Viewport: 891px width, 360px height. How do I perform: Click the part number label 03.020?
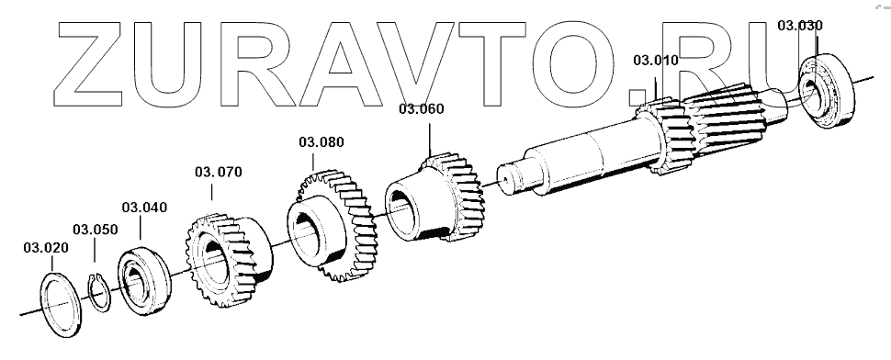click(46, 248)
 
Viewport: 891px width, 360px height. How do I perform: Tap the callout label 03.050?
click(95, 230)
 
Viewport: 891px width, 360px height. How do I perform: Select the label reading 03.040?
click(144, 208)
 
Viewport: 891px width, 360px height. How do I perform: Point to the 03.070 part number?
click(219, 172)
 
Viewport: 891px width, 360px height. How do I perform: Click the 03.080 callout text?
click(321, 142)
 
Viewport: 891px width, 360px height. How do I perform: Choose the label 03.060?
click(421, 109)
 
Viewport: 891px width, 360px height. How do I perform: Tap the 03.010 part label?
click(656, 61)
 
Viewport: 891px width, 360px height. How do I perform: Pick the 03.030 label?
click(800, 26)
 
